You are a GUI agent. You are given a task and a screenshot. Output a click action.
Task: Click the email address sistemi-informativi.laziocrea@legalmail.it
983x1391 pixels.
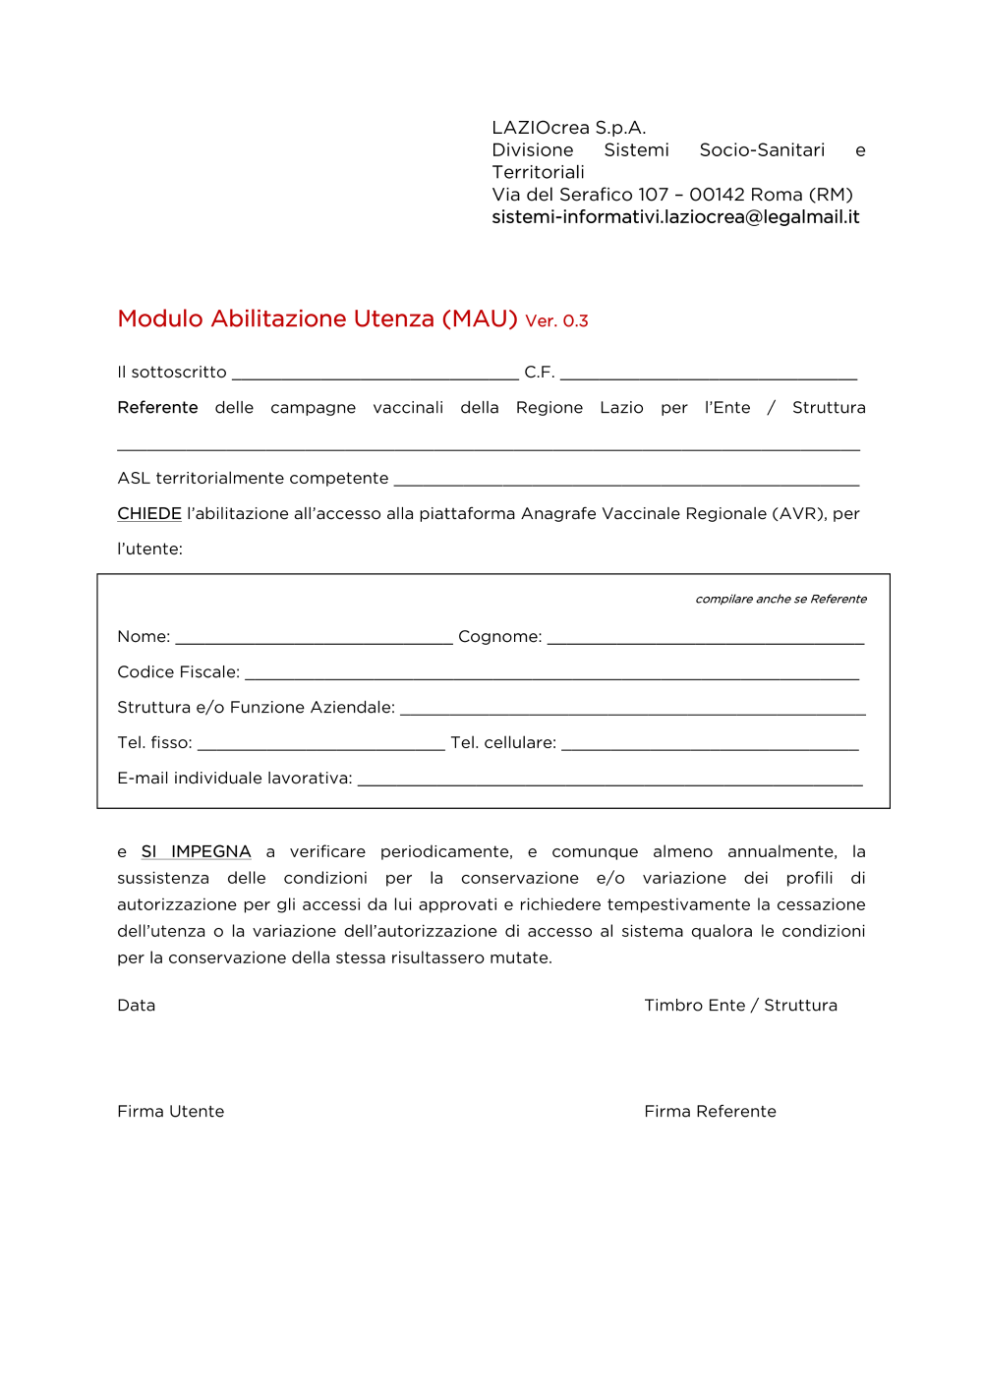tap(675, 217)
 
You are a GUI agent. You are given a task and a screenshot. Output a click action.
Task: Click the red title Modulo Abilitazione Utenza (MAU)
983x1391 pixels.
tap(317, 319)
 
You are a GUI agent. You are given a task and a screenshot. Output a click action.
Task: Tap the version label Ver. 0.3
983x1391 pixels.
tap(556, 321)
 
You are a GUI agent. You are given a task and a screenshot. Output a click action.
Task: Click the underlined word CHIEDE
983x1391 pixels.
tap(149, 514)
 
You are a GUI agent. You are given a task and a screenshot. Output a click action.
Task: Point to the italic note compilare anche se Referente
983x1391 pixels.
tap(781, 599)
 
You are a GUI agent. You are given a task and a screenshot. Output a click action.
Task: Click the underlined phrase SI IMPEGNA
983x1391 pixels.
tap(196, 851)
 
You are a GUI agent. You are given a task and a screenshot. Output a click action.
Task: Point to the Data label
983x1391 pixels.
tap(137, 1006)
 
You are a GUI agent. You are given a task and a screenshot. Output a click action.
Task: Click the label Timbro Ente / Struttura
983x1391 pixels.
tap(740, 1006)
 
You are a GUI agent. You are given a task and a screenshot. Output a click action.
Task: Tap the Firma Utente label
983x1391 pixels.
tap(171, 1112)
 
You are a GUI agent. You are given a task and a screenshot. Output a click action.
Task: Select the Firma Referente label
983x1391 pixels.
tap(710, 1112)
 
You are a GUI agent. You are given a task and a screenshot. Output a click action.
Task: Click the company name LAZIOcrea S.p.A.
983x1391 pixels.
tap(568, 128)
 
